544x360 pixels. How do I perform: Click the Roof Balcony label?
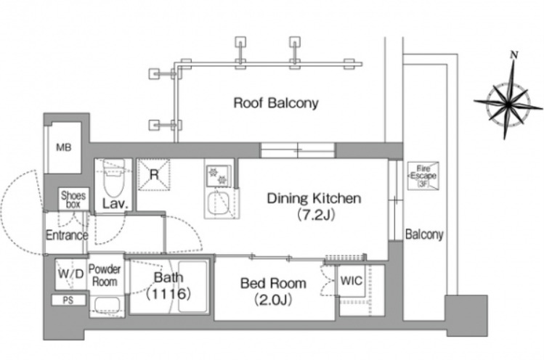pos(276,103)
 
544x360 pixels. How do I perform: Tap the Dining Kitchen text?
pos(314,198)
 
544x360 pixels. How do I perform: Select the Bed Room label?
pos(273,283)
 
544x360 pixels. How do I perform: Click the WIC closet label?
pos(351,281)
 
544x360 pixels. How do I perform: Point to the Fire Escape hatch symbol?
pos(423,176)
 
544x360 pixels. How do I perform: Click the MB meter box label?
pos(64,147)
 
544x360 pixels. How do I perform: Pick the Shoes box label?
pos(73,200)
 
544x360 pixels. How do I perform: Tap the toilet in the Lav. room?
pos(114,178)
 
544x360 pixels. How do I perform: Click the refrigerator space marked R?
pos(154,174)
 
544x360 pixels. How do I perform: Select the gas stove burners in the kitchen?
pos(218,176)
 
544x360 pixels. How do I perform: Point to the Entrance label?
pos(67,235)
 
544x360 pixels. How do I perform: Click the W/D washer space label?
pos(70,274)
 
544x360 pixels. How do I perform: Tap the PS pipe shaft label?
pos(68,300)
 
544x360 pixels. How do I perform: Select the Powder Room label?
pos(105,275)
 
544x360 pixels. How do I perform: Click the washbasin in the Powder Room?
pos(107,306)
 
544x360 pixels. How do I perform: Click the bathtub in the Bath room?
pos(192,287)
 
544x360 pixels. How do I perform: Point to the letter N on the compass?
pos(514,54)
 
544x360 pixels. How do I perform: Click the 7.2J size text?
pos(316,216)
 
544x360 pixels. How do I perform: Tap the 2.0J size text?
pos(273,300)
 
